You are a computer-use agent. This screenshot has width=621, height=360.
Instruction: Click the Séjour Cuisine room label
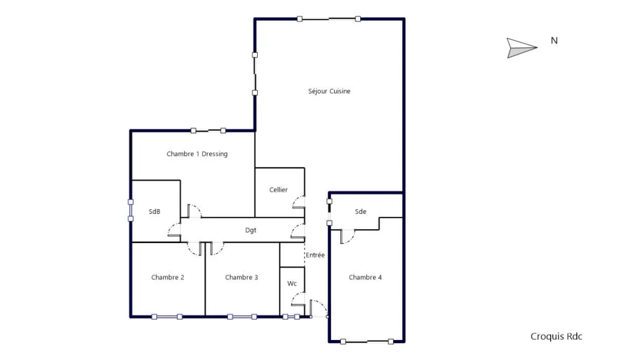(x=329, y=92)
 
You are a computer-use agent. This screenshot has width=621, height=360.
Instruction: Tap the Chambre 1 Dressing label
(x=197, y=154)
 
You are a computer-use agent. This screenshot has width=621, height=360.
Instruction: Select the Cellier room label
(x=278, y=190)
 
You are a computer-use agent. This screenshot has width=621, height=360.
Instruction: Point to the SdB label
(x=155, y=212)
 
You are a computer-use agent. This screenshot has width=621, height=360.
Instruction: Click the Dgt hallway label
(x=250, y=230)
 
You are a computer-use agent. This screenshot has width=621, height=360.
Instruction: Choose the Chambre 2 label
(x=167, y=278)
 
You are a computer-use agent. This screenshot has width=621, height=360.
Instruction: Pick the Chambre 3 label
(x=241, y=278)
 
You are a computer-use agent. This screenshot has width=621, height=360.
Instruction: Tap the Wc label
(x=292, y=284)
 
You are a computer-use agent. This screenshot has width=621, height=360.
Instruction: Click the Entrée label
(x=315, y=255)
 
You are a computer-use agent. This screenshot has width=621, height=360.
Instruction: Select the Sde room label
(x=360, y=212)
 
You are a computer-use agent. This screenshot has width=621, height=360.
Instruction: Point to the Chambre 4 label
(x=365, y=278)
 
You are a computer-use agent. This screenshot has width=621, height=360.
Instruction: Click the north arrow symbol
(x=522, y=48)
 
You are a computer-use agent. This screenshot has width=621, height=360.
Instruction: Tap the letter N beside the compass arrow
(x=554, y=41)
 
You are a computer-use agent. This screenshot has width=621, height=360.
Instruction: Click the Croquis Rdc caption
(x=557, y=336)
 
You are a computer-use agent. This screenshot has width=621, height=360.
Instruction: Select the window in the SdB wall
(x=131, y=210)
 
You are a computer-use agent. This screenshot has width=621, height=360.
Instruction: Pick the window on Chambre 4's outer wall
(x=367, y=341)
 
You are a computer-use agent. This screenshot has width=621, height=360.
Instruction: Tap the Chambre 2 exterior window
(x=167, y=316)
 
